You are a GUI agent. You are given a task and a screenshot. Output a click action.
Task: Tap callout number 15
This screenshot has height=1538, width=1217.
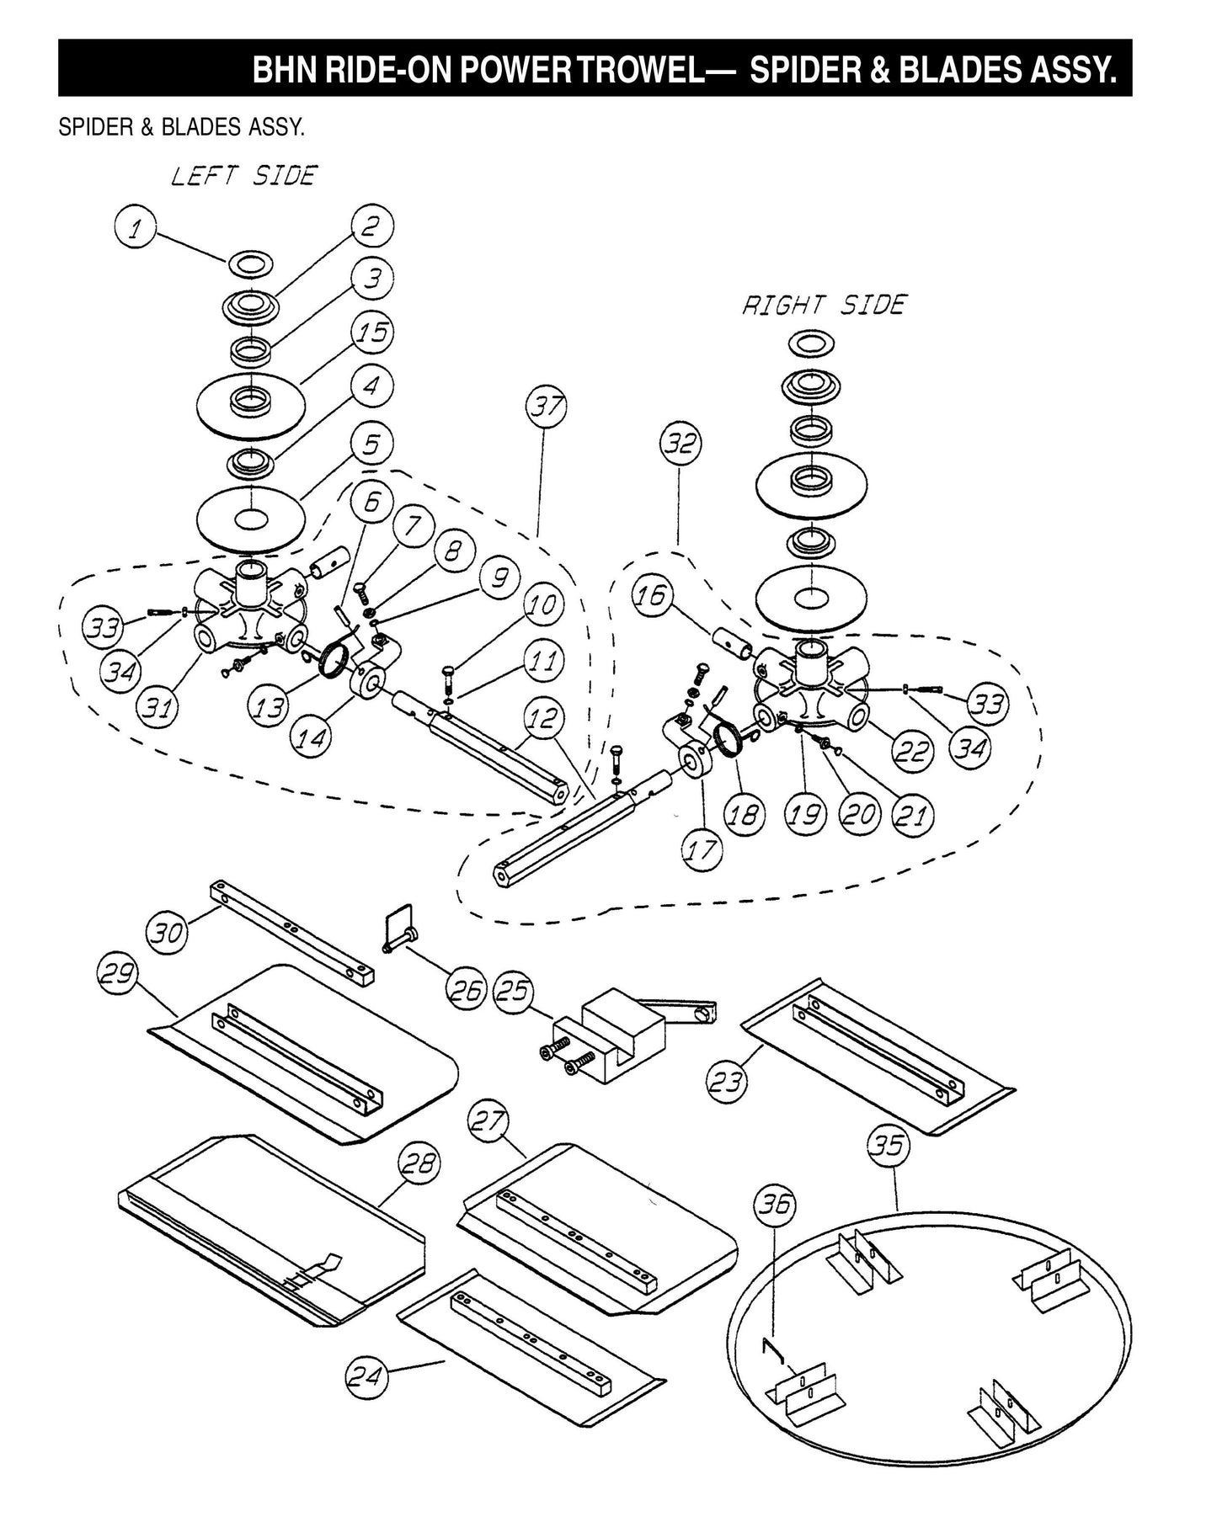tap(372, 333)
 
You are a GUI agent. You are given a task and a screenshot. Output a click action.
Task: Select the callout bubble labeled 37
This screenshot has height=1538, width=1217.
tap(547, 408)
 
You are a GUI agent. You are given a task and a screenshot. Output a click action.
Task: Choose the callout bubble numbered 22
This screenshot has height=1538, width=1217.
tap(911, 750)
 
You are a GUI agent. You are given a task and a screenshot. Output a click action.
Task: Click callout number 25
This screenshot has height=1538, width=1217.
tap(514, 990)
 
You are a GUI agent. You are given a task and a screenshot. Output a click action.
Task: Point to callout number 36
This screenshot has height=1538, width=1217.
tap(775, 1205)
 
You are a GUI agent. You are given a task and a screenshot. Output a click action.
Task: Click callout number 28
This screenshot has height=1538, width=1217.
tap(419, 1164)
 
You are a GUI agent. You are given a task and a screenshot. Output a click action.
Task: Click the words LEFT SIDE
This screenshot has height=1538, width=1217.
tap(243, 176)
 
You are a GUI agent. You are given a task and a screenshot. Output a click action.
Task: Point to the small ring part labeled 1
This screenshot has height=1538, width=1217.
tap(250, 265)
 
